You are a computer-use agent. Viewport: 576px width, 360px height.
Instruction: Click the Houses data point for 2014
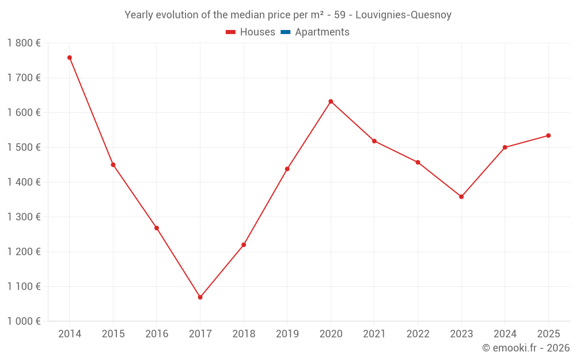tap(70, 58)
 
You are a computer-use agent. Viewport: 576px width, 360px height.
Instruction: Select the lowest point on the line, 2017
tap(200, 297)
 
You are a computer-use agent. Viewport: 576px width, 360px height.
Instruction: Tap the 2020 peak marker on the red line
tap(331, 101)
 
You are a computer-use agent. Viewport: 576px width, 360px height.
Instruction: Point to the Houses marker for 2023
tap(461, 197)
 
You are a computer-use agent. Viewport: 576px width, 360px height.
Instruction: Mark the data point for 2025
tap(548, 135)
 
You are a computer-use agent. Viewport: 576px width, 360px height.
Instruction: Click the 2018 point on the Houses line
tap(244, 245)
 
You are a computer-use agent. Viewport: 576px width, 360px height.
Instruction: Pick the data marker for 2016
tap(157, 228)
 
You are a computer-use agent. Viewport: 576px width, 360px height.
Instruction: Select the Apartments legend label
tap(322, 32)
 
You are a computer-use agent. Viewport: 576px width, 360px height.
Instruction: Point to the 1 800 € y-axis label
tap(24, 43)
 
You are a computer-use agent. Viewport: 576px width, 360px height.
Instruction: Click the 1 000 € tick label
tap(24, 321)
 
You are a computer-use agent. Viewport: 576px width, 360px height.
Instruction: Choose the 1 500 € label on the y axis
tap(24, 147)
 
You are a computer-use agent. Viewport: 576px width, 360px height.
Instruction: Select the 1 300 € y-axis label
tap(24, 217)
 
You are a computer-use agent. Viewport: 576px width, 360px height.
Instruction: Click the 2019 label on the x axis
tap(287, 334)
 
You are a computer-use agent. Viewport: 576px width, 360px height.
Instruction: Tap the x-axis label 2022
tap(418, 334)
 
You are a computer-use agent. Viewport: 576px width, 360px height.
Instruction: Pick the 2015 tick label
tap(113, 334)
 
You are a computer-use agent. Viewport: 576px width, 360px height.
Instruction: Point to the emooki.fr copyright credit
tap(525, 348)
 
